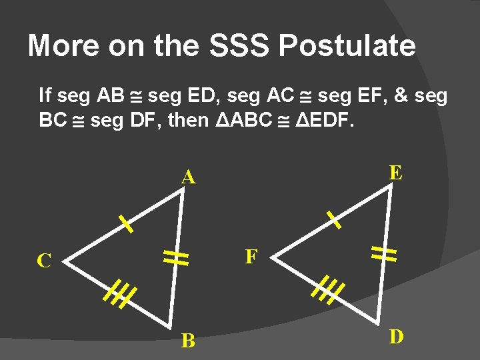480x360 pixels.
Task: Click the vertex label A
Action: tap(189, 178)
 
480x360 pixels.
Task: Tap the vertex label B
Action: tap(189, 341)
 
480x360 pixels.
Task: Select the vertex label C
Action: tap(44, 261)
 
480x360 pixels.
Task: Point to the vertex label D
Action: tap(396, 337)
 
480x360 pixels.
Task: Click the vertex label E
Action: tap(395, 173)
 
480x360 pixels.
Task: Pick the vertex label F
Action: tap(251, 257)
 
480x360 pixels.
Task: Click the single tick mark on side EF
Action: tap(333, 219)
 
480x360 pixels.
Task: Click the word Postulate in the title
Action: tap(347, 46)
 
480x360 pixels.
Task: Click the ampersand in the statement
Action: tap(402, 95)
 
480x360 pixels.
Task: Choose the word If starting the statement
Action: tap(45, 95)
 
